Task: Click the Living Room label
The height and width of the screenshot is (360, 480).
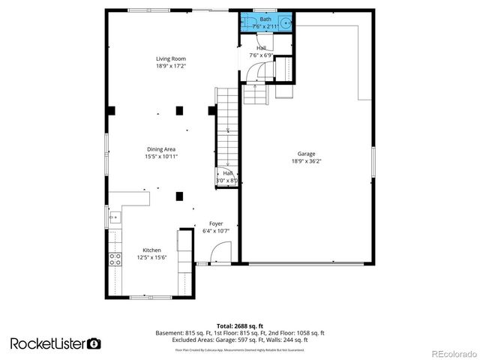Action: (x=170, y=58)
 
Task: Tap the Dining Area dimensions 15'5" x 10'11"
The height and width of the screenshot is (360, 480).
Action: (x=160, y=157)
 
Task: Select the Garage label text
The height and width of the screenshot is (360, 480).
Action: (x=306, y=154)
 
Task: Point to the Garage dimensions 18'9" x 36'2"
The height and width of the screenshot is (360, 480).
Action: (x=306, y=161)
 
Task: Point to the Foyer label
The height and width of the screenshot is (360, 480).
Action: (x=216, y=223)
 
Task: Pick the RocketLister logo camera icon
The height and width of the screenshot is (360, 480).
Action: (x=94, y=343)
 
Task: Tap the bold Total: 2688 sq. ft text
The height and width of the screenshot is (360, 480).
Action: (x=239, y=325)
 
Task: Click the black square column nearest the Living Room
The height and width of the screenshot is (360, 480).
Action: (x=180, y=111)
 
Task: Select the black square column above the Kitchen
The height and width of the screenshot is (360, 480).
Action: (x=180, y=196)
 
